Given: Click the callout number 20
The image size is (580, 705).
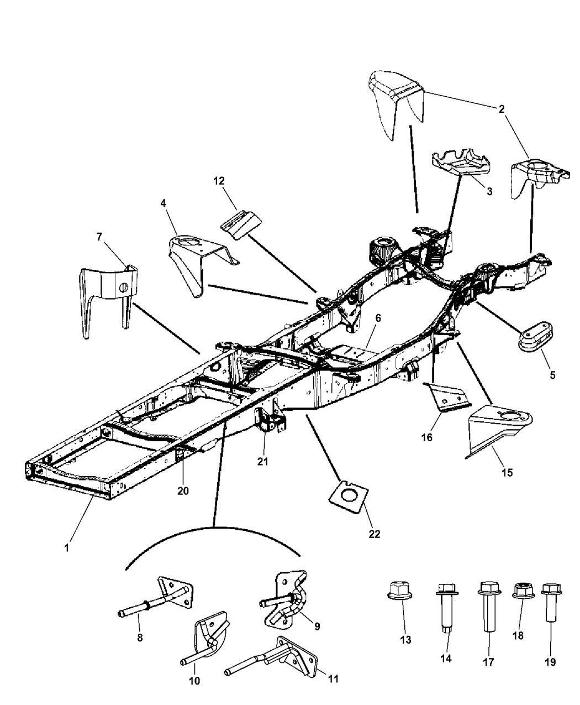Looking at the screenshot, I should point(183,490).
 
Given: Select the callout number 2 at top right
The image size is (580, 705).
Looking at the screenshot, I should point(502,109).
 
